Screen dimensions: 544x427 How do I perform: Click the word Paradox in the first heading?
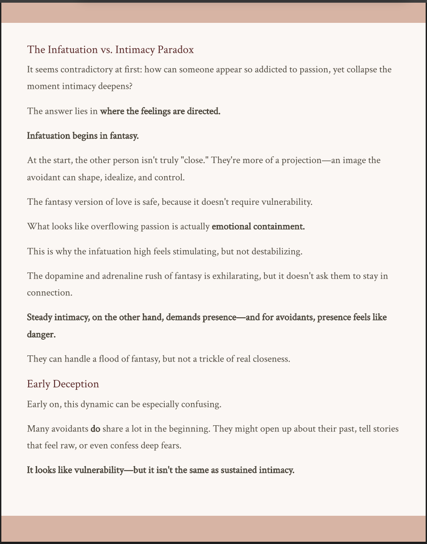pyautogui.click(x=175, y=50)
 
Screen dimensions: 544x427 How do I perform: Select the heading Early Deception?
pyautogui.click(x=63, y=384)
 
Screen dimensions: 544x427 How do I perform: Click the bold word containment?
pyautogui.click(x=279, y=227)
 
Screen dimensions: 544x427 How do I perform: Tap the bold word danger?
pyautogui.click(x=41, y=335)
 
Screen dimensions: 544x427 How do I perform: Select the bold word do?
pyautogui.click(x=95, y=429)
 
